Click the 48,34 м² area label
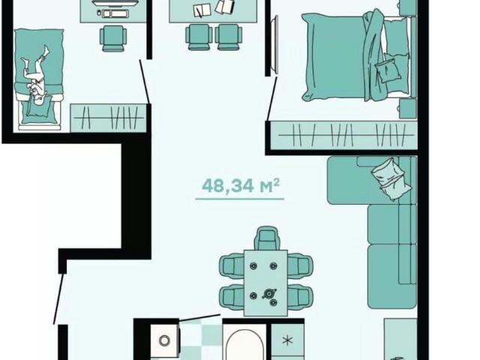pos(241,185)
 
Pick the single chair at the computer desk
pos(113,38)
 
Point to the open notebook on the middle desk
pos(202,10)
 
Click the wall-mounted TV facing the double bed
pos(275,45)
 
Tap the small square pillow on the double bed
pos(388,68)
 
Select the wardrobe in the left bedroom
pos(109,118)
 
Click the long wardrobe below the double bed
pos(344,135)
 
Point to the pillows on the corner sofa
pos(391,178)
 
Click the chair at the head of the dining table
pos(268,238)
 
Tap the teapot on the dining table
pos(268,294)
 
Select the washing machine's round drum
pos(164,340)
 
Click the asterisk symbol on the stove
pos(287,340)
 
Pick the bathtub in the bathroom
pos(244,343)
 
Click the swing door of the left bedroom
pos(145,82)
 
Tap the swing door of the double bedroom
pos(272,98)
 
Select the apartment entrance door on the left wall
pos(58,298)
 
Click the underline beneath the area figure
pos(240,199)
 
